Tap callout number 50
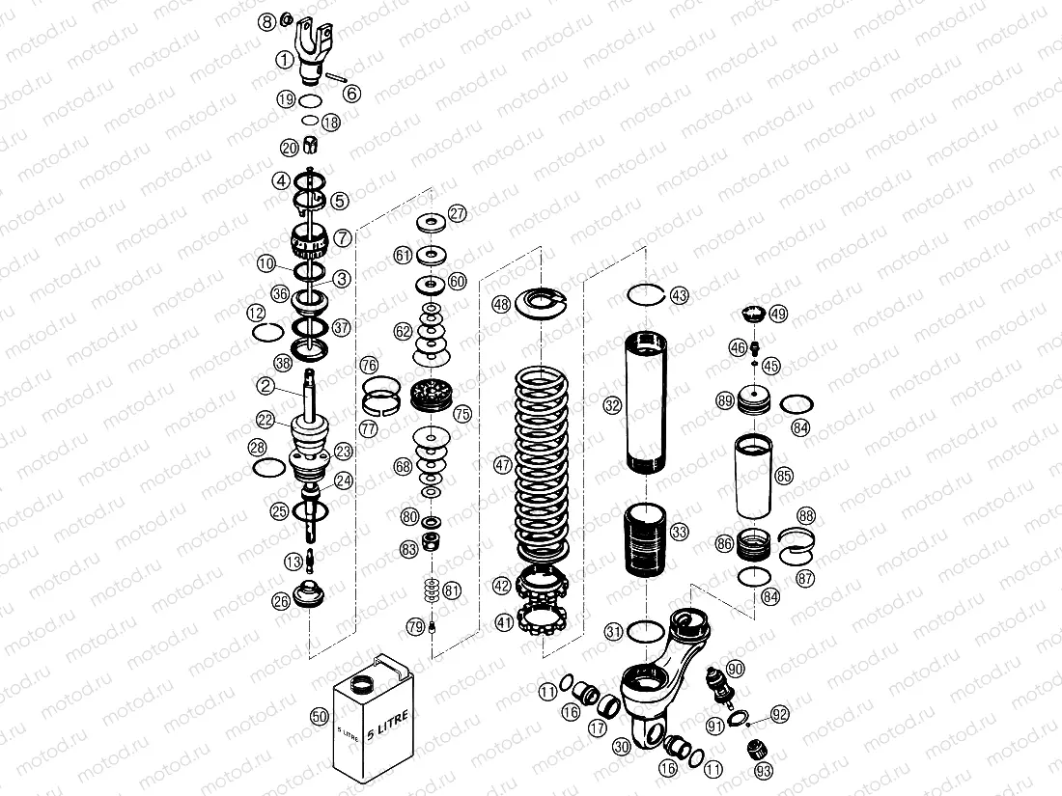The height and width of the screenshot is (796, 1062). pos(320,716)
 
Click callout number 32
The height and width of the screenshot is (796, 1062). pos(611,406)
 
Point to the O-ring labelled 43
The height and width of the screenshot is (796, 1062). pos(645,293)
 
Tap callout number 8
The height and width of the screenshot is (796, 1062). pos(267,20)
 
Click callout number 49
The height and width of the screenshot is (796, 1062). pos(778,313)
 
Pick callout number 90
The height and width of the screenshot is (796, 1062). pos(735,669)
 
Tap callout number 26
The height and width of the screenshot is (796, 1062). pos(281,602)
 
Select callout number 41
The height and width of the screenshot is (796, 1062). pos(504,622)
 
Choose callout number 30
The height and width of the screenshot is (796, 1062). pos(621,746)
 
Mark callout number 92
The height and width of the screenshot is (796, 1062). pos(780,715)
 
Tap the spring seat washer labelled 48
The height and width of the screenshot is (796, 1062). pos(544,303)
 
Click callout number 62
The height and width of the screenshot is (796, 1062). pos(404,331)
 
